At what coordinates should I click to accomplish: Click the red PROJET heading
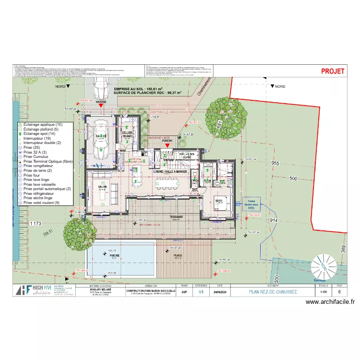333,71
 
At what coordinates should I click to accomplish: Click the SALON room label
102,187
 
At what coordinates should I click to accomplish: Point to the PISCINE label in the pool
114,256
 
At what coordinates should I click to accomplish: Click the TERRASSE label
176,217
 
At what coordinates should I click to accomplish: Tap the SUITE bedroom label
219,201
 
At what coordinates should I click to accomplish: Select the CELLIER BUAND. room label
127,134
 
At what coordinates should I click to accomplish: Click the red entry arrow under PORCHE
167,145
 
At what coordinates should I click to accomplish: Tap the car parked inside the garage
101,139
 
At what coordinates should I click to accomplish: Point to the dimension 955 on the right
275,163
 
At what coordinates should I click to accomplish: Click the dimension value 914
274,220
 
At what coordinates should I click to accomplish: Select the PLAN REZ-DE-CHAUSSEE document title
273,291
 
